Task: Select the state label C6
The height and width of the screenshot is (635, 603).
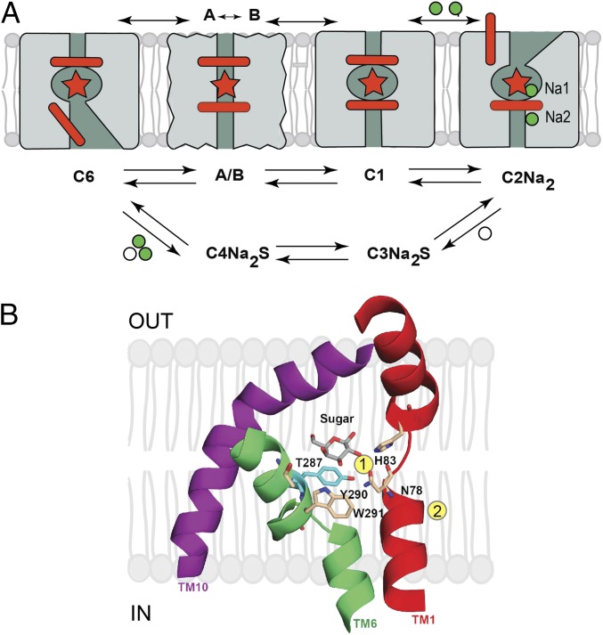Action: tap(86, 175)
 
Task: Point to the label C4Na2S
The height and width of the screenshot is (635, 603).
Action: tap(230, 255)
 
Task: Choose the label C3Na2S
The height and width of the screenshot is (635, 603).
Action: tap(400, 255)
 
